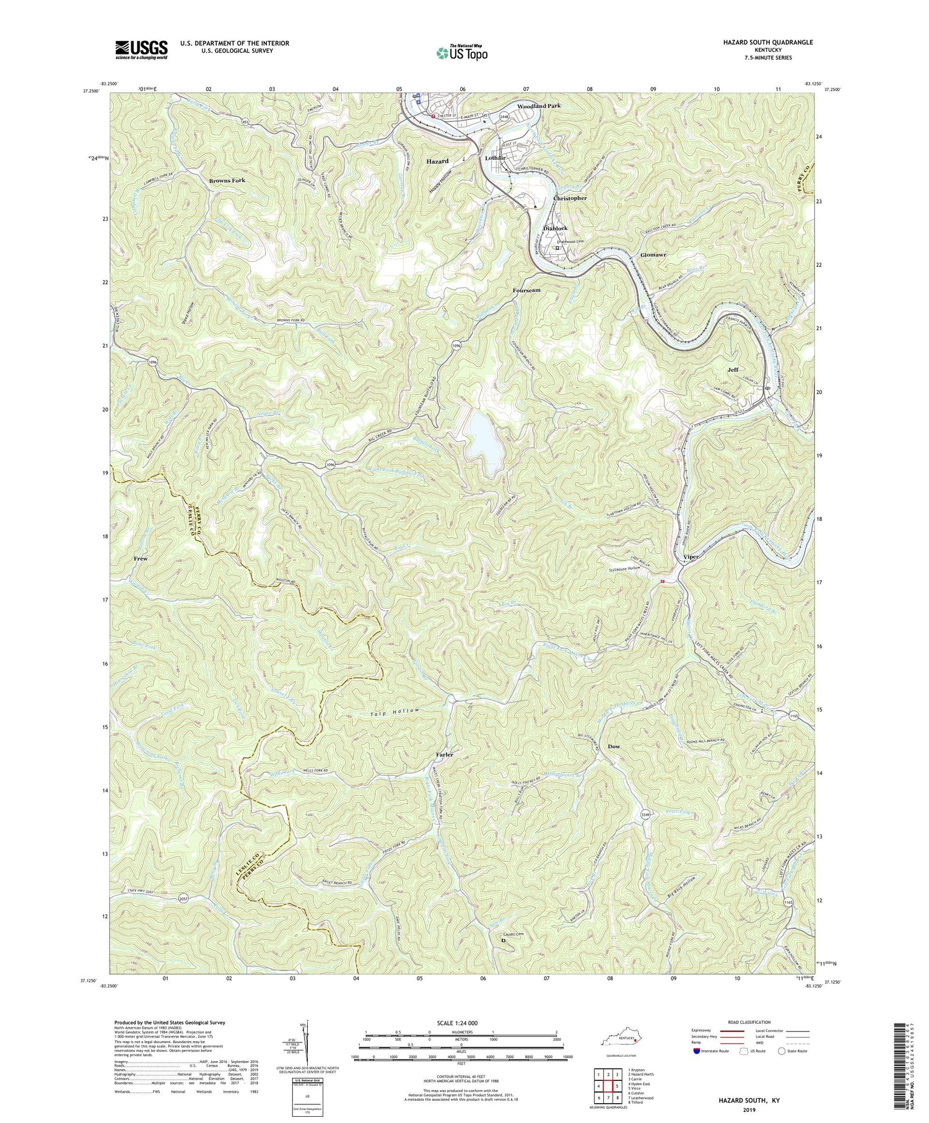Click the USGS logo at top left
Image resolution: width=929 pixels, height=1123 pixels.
(x=141, y=50)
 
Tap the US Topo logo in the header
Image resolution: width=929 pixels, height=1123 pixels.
(x=461, y=53)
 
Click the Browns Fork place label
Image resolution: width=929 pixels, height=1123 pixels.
(x=227, y=180)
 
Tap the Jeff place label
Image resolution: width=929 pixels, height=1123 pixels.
(x=733, y=369)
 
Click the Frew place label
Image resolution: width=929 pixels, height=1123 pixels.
(x=141, y=559)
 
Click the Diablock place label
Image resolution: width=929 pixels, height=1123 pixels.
(x=555, y=228)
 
